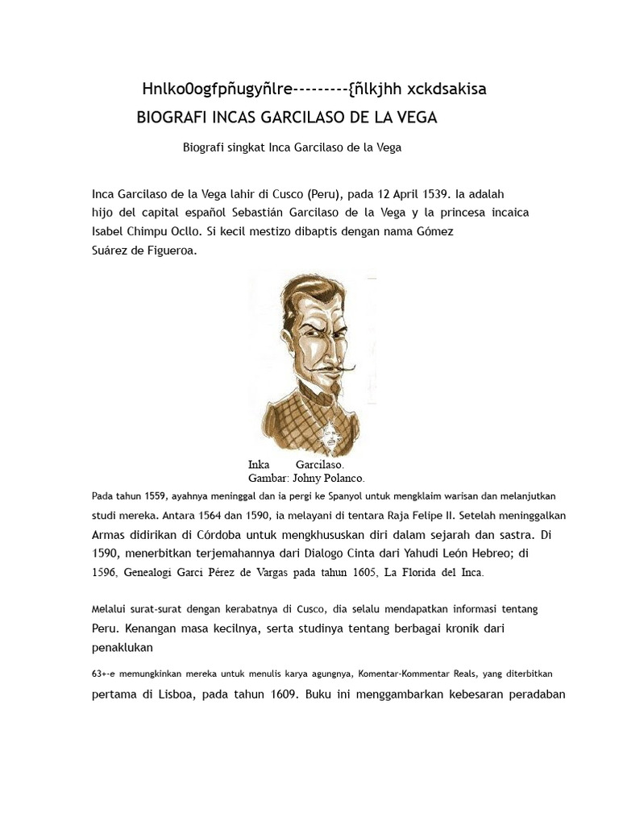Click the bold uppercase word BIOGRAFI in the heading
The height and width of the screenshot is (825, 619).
(x=172, y=118)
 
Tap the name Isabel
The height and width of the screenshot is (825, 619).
(x=109, y=231)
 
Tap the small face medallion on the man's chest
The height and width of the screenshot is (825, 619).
(x=330, y=439)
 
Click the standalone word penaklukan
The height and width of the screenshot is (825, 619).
(x=122, y=646)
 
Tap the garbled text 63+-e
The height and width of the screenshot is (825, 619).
(x=103, y=674)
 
